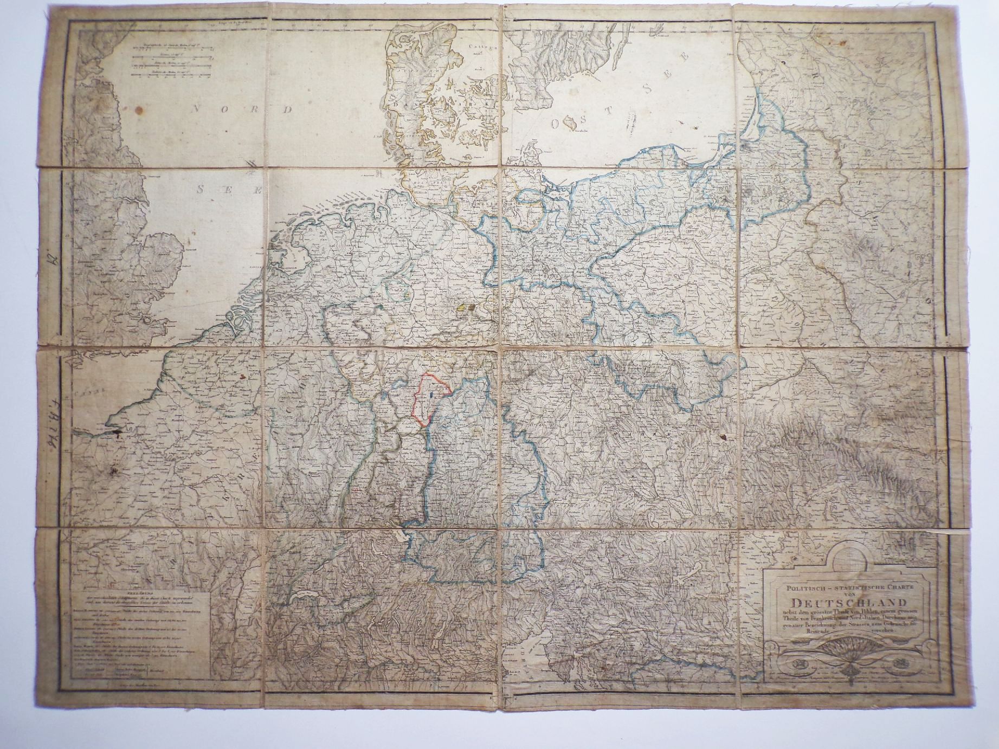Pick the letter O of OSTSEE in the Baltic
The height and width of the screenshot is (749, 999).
pyautogui.click(x=556, y=124)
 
